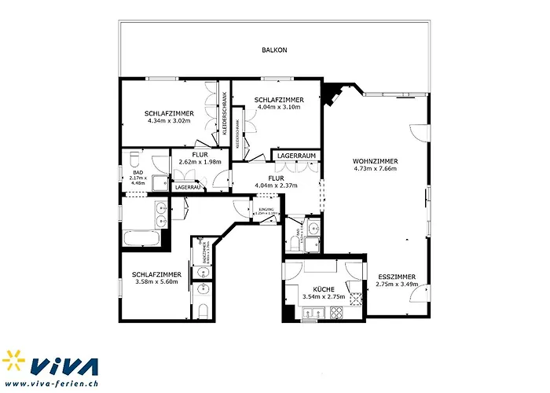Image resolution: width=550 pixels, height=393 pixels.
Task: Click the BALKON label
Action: tap(274, 50)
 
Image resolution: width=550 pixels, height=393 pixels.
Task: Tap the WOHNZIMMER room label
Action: tap(376, 161)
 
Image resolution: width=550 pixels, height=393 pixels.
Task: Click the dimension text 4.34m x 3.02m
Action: tap(169, 121)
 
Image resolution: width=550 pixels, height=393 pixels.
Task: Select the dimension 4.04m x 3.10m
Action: tap(279, 107)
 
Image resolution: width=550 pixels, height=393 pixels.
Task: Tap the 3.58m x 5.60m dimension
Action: tap(156, 281)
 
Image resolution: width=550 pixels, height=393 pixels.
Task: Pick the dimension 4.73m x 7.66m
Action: tap(376, 169)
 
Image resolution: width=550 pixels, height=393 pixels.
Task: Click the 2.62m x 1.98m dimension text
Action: tap(200, 162)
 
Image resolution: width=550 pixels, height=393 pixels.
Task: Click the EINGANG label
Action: tap(266, 210)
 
